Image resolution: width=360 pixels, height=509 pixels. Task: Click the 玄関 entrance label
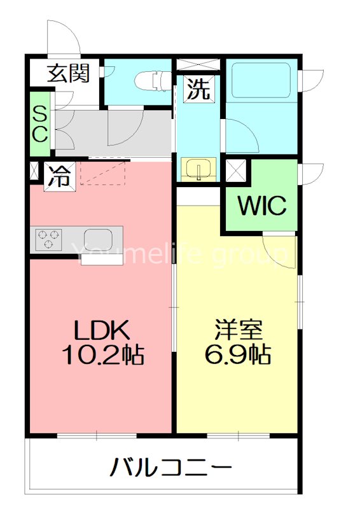[x=68, y=73]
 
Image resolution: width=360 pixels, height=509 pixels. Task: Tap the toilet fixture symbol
[x=153, y=81]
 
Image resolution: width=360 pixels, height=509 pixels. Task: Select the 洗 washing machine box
[x=198, y=89]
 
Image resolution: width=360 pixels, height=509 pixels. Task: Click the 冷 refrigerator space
[x=60, y=176]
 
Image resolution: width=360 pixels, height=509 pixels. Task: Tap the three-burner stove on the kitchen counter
[x=48, y=240]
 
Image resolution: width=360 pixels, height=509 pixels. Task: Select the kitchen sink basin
[x=99, y=240]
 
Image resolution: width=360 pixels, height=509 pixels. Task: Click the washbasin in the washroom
[x=198, y=169]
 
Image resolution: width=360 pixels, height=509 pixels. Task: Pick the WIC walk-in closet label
[x=261, y=205]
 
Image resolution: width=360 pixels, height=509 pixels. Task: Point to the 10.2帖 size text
[x=103, y=355]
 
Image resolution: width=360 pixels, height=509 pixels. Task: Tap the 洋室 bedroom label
[x=239, y=330]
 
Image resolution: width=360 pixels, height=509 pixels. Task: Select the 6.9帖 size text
[x=238, y=355]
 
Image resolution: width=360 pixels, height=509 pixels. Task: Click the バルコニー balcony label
[x=171, y=468]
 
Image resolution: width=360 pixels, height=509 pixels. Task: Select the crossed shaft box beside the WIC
[x=236, y=171]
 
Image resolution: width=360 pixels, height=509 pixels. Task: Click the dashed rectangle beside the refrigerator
[x=103, y=173]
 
